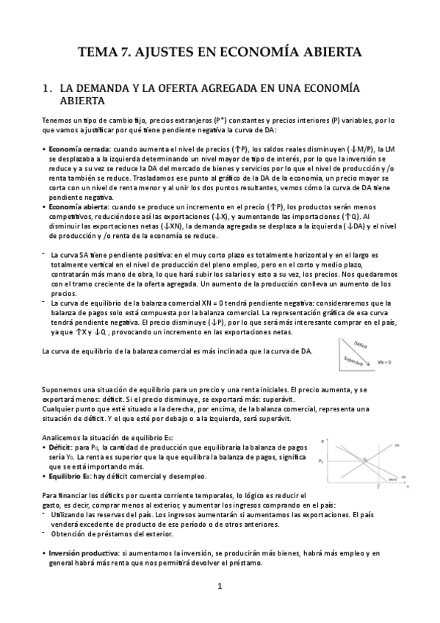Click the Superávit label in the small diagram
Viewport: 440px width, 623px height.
pos(353,360)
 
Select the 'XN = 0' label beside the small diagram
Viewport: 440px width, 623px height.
pos(385,362)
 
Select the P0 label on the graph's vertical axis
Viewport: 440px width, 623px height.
pos(320,462)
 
